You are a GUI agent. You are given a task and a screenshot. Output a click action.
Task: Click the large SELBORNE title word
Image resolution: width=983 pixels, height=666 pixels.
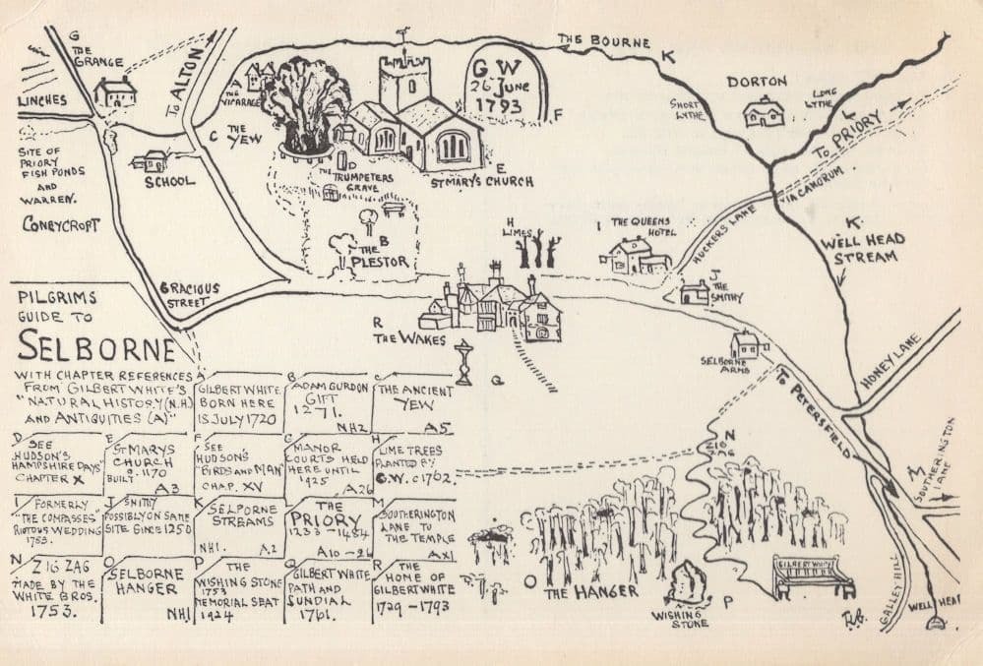tap(96, 345)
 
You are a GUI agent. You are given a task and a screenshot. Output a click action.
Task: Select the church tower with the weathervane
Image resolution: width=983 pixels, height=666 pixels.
tap(404, 83)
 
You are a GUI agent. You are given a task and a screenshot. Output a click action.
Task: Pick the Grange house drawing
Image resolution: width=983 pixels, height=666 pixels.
tap(115, 92)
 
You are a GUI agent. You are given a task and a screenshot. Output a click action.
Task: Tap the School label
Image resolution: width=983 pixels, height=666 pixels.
tap(170, 182)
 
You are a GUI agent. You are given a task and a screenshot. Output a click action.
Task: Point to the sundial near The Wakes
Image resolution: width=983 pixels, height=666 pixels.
tap(463, 361)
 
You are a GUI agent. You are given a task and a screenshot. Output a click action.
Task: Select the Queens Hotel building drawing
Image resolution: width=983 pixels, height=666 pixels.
tap(635, 257)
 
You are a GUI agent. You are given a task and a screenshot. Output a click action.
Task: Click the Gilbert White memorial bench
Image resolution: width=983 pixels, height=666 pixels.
tap(813, 576)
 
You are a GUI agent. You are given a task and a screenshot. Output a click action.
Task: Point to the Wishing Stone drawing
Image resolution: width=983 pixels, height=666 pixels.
tap(687, 584)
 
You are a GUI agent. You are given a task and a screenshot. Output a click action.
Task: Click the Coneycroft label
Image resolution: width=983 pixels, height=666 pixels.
tap(61, 224)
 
